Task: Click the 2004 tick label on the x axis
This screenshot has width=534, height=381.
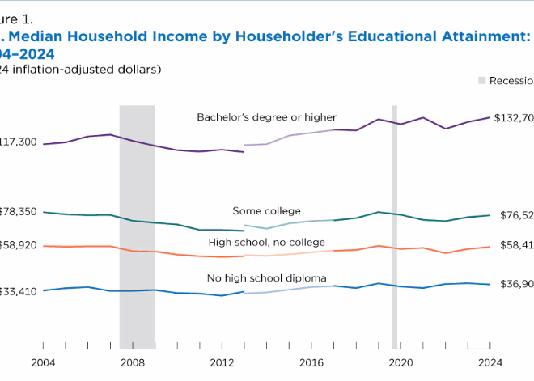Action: click(x=44, y=362)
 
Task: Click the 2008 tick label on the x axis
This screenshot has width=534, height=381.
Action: click(x=133, y=362)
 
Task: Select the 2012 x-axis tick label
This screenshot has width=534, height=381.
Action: click(x=222, y=362)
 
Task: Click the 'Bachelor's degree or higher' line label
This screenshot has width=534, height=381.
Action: click(x=266, y=117)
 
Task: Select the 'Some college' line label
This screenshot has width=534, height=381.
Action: click(x=266, y=211)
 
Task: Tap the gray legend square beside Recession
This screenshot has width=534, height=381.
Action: click(x=482, y=81)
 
